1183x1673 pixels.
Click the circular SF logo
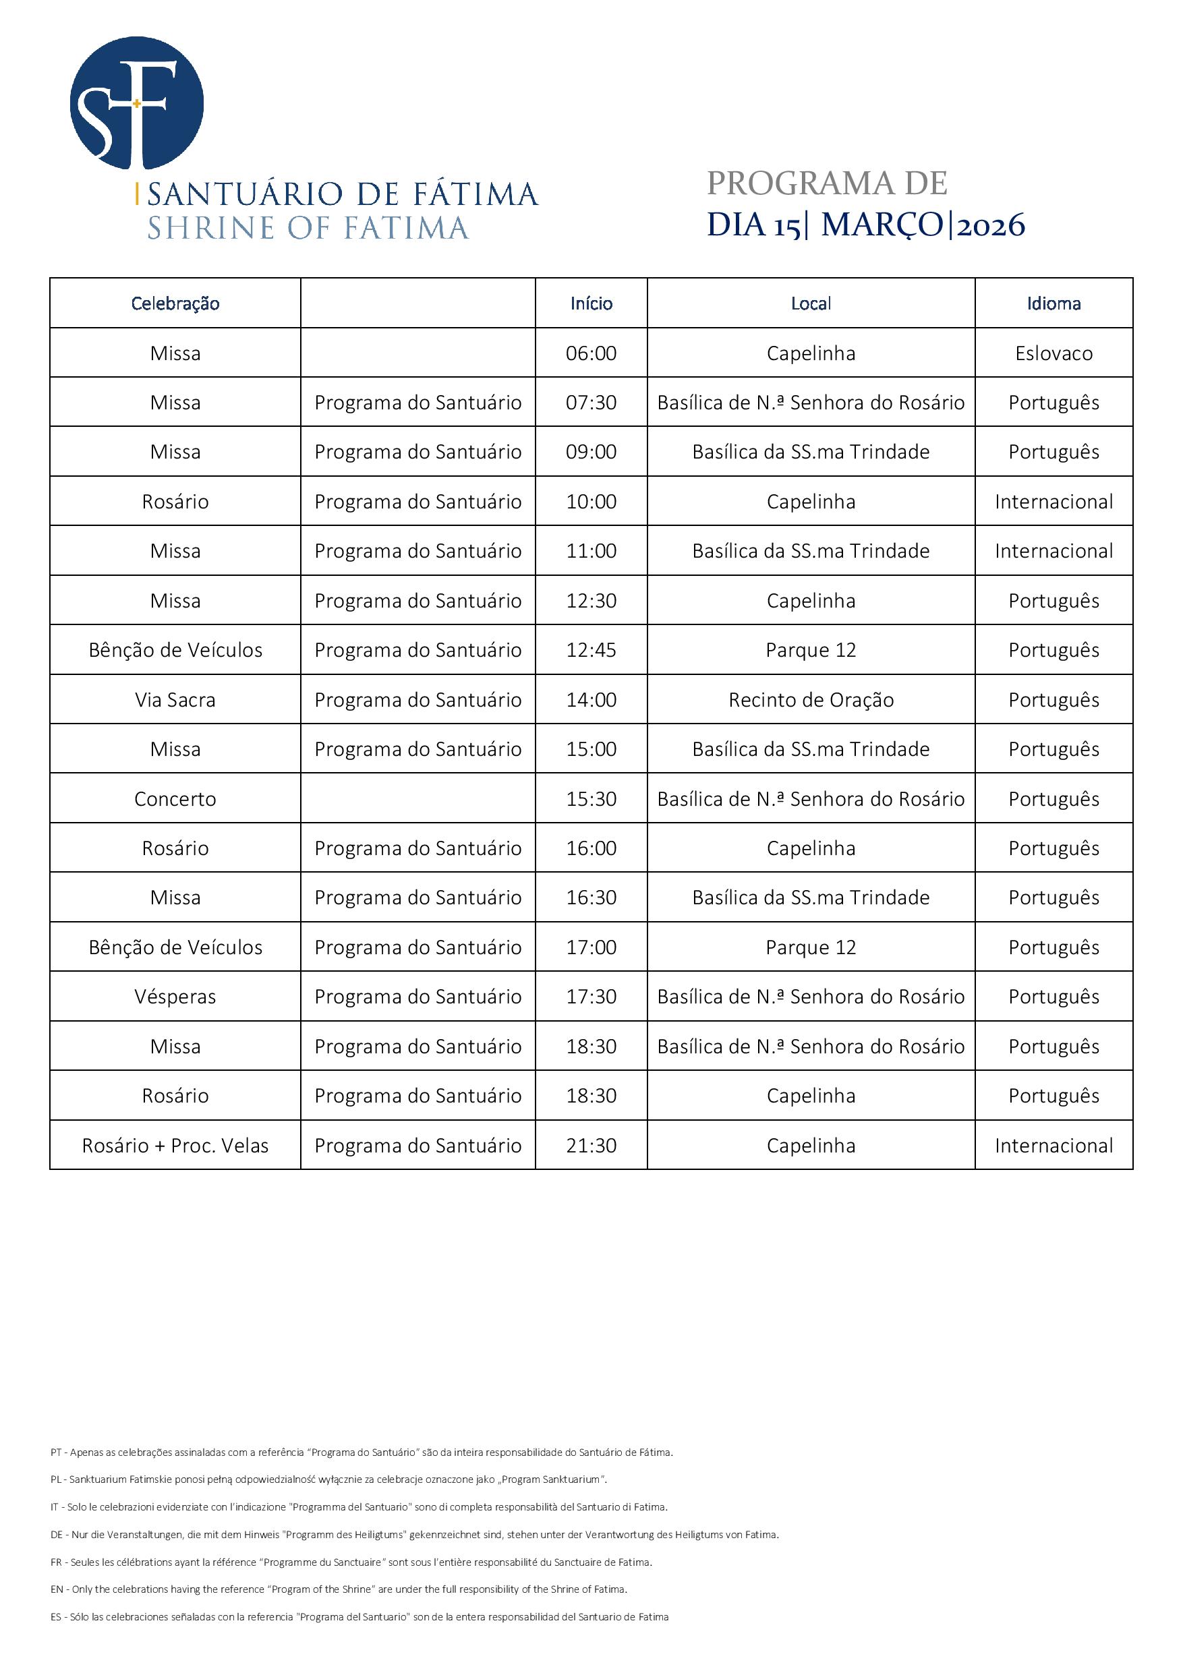(136, 102)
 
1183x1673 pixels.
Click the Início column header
(591, 303)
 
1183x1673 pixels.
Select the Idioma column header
(1054, 303)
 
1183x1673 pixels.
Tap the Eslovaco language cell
(1054, 353)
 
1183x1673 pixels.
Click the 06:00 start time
(591, 353)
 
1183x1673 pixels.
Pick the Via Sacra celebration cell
(175, 699)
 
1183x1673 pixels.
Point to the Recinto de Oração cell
(811, 699)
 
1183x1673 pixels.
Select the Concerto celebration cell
(175, 798)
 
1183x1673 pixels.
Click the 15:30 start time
(591, 798)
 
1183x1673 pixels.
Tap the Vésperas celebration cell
(175, 997)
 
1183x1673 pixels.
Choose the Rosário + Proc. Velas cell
(175, 1146)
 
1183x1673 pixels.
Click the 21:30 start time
(591, 1146)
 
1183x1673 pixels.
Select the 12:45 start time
(591, 650)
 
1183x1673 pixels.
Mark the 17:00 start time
(591, 947)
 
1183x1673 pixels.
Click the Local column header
(811, 303)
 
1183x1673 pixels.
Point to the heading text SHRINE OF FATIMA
(308, 228)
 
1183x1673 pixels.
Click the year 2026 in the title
(991, 226)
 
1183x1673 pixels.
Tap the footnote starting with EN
(339, 1589)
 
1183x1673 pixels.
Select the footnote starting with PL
(328, 1479)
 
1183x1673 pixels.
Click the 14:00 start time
(591, 699)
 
